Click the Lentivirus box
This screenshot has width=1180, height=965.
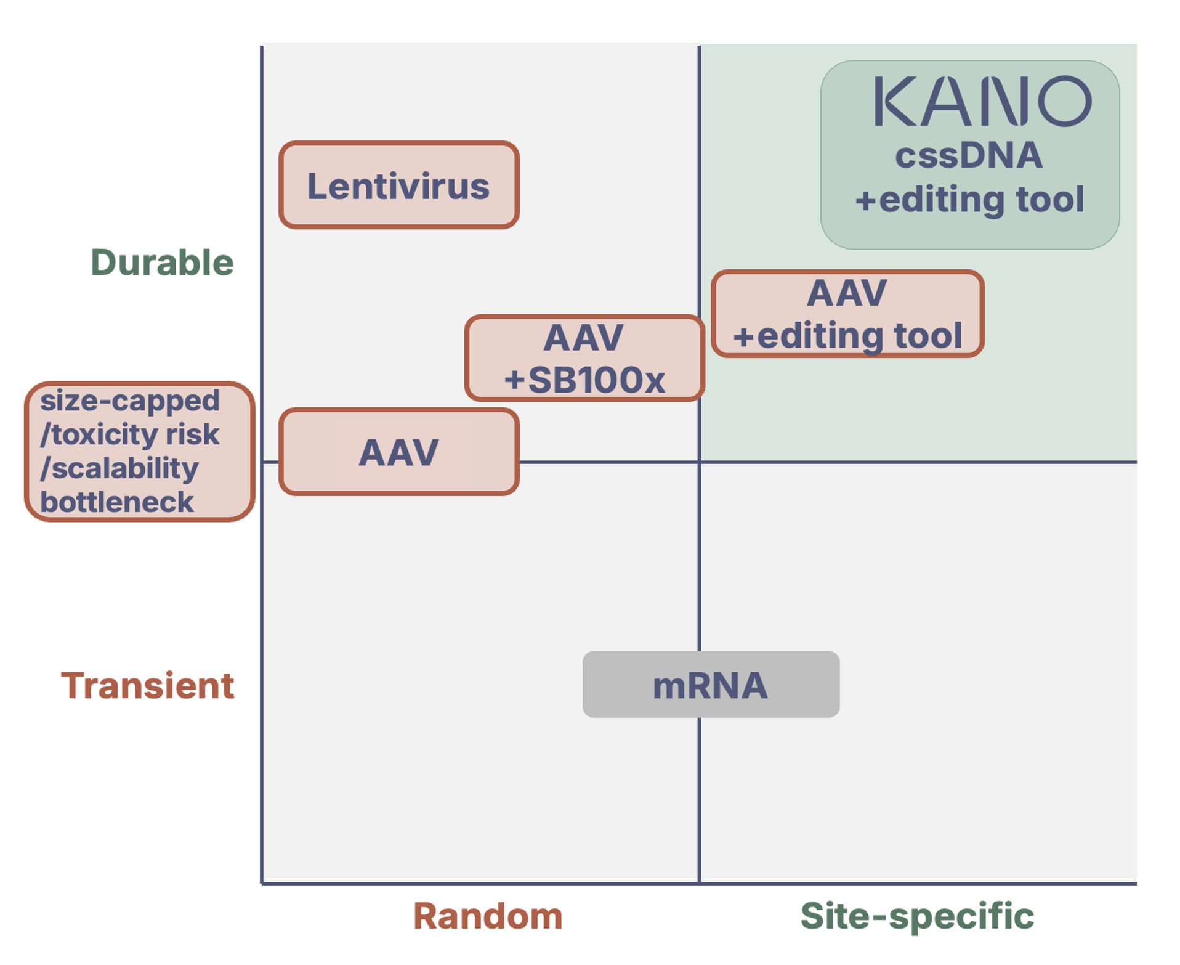point(398,185)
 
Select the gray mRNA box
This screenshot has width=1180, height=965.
point(710,685)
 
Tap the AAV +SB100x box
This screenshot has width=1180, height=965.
point(584,358)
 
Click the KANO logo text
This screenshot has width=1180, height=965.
point(982,102)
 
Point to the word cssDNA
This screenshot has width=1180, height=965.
point(969,155)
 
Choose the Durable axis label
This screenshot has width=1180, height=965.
point(162,263)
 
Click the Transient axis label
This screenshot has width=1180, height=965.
point(147,685)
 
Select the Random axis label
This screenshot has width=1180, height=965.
point(488,916)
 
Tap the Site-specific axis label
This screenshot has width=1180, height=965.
point(917,916)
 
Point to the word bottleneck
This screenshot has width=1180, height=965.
point(117,502)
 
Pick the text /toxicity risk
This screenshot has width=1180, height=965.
point(130,435)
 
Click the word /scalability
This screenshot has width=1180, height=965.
point(119,469)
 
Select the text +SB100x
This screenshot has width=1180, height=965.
point(584,380)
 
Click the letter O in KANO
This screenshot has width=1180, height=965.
point(1065,102)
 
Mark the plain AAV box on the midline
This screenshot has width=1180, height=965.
point(398,452)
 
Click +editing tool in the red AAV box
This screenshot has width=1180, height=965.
point(847,336)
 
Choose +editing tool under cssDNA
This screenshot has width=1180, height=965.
point(969,200)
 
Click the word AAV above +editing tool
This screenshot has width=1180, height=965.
point(847,293)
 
